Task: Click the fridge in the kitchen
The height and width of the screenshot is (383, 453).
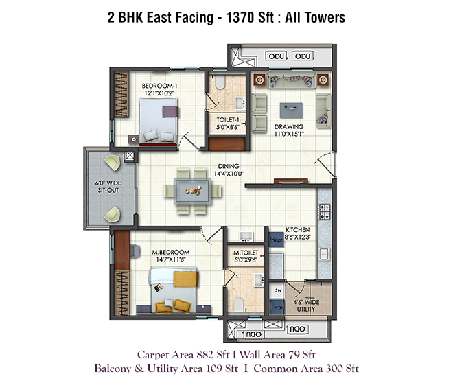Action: point(276,240)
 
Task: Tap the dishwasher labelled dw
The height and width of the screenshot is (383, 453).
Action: point(278,290)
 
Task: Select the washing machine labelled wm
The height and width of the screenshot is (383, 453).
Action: point(278,307)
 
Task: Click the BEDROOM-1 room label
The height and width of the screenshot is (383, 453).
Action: point(159,86)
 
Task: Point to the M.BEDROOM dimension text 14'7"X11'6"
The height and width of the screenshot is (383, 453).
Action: point(170,259)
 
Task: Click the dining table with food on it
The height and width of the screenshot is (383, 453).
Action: point(192,191)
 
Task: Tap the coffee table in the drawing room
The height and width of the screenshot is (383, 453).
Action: point(291,110)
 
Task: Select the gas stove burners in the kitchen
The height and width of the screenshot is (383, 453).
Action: point(325,211)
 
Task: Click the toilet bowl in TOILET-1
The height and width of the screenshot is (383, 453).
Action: point(220,82)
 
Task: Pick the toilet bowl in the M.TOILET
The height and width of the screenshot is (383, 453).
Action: point(238,304)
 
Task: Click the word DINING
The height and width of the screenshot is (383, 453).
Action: point(229,166)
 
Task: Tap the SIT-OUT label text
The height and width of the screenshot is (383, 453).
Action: point(108,190)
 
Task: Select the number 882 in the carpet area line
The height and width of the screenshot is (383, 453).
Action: point(205,355)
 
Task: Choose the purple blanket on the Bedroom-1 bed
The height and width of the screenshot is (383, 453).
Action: point(170,111)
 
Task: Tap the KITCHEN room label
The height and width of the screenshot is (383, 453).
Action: point(298,230)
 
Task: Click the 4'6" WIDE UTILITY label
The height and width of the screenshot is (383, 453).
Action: point(306,305)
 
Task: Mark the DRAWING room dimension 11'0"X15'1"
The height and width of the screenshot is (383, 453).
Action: point(289,134)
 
